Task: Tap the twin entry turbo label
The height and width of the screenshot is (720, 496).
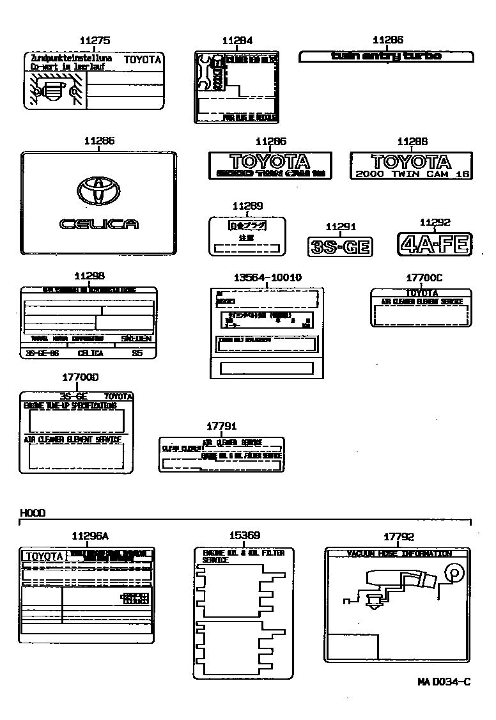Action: click(x=386, y=56)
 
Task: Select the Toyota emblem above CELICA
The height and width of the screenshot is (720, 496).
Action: click(x=98, y=189)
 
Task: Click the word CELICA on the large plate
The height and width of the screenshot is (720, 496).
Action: click(x=98, y=224)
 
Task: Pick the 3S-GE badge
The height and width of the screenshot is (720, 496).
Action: click(x=340, y=246)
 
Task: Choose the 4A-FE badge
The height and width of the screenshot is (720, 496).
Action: click(x=435, y=244)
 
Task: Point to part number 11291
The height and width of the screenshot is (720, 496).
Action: click(x=340, y=226)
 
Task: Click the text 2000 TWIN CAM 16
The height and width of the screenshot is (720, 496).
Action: click(x=412, y=174)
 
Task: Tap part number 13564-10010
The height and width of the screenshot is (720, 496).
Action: click(x=267, y=277)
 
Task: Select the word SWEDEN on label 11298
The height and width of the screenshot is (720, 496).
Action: click(x=137, y=338)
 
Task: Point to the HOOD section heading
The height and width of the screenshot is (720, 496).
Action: click(x=33, y=513)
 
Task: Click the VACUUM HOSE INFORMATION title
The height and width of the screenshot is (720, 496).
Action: click(x=398, y=554)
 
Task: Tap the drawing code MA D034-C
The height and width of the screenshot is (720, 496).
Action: click(x=444, y=682)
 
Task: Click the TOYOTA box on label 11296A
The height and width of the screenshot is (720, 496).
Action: click(x=44, y=556)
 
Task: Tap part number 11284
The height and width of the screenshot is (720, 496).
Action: click(x=237, y=41)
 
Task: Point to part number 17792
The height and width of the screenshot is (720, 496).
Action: click(x=399, y=537)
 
